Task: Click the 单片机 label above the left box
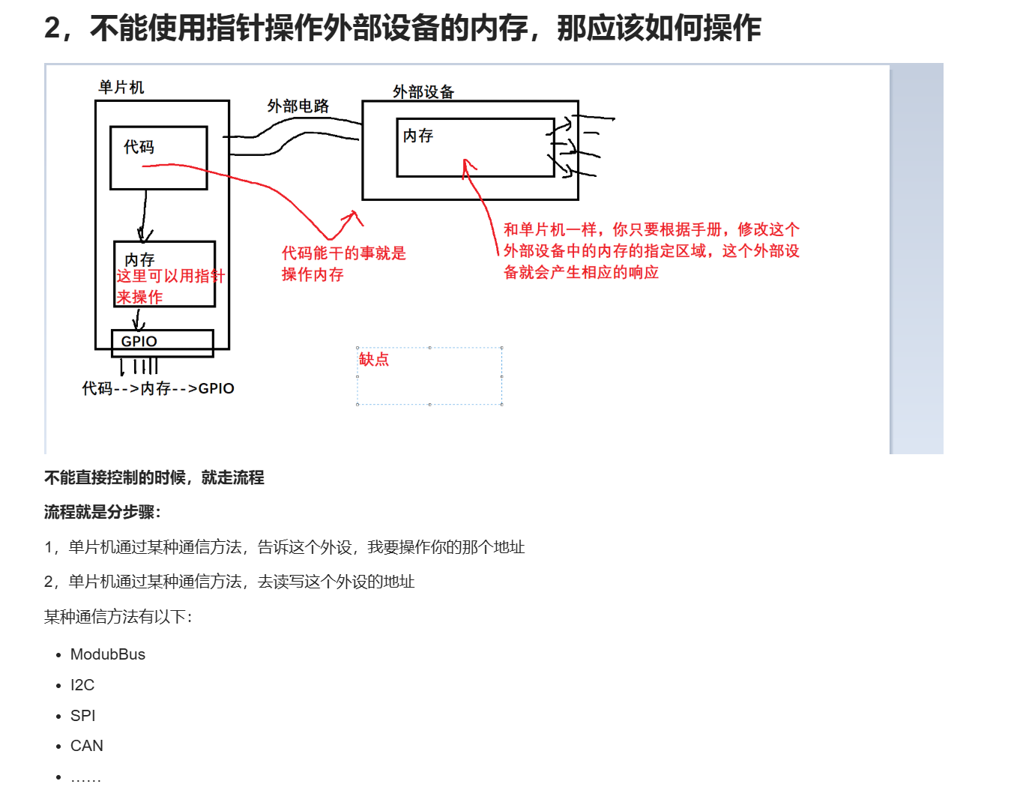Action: point(121,88)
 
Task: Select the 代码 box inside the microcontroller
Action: point(158,157)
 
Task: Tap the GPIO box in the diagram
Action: point(162,343)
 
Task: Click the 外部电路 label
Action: point(298,106)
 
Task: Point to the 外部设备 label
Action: point(423,92)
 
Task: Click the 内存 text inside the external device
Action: point(418,136)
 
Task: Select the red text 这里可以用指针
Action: point(170,276)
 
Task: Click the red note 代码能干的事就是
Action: point(343,253)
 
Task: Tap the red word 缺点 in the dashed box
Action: point(374,360)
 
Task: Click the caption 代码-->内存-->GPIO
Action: point(158,388)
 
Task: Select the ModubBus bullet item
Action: point(108,654)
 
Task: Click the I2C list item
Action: point(82,685)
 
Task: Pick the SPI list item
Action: point(83,716)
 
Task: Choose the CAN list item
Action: point(87,746)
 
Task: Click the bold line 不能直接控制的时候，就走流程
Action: point(154,477)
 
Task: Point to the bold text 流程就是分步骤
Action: point(102,512)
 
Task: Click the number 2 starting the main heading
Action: point(52,28)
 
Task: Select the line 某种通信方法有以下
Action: point(118,617)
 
